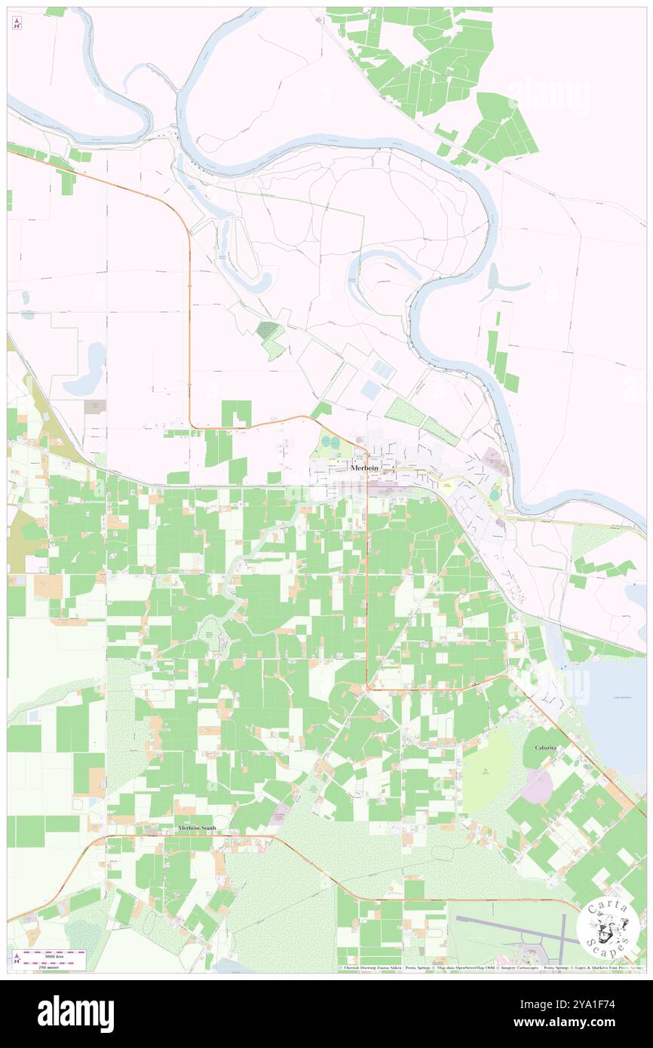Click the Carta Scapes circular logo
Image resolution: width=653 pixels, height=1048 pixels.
[608, 927]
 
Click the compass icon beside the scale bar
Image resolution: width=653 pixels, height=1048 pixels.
[17, 960]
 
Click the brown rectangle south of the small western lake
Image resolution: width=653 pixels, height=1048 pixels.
[95, 406]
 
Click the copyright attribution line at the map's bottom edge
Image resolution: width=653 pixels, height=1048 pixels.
[490, 968]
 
